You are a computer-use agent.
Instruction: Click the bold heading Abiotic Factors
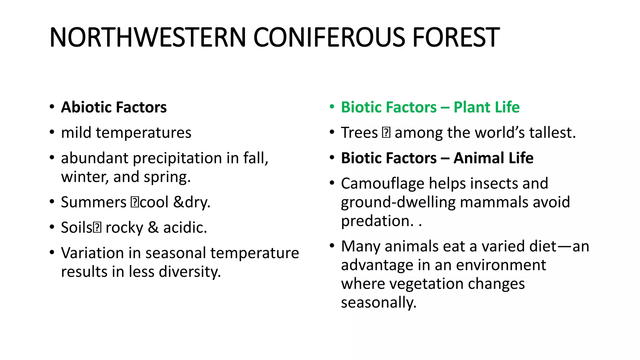pyautogui.click(x=114, y=107)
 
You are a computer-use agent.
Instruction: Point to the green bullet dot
pyautogui.click(x=332, y=107)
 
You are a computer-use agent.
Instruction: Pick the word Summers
pyautogui.click(x=93, y=202)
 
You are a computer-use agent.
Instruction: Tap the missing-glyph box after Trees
pyautogui.click(x=386, y=133)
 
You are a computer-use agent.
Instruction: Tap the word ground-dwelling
pyautogui.click(x=398, y=202)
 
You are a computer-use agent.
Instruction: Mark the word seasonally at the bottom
pyautogui.click(x=378, y=302)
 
